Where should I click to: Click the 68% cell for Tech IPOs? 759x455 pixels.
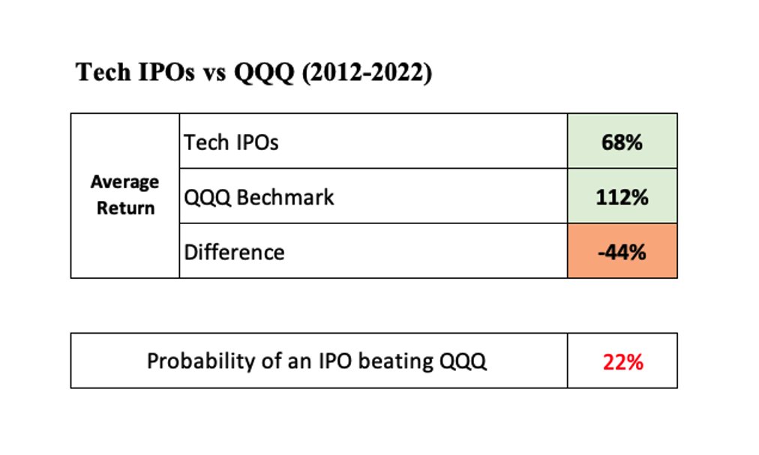[x=622, y=142]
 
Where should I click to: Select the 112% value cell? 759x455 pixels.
[x=622, y=197]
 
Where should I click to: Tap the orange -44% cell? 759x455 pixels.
[x=622, y=252]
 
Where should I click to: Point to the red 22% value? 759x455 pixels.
[x=622, y=362]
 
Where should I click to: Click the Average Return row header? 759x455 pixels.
[x=124, y=195]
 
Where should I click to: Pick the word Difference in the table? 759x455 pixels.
[x=234, y=252]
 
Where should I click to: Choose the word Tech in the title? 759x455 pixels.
[x=103, y=73]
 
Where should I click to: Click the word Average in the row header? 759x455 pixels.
[x=124, y=182]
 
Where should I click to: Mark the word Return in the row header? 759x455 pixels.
[x=125, y=208]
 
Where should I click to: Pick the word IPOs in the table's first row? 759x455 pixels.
[x=255, y=142]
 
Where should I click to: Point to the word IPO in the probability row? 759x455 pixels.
[x=334, y=361]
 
